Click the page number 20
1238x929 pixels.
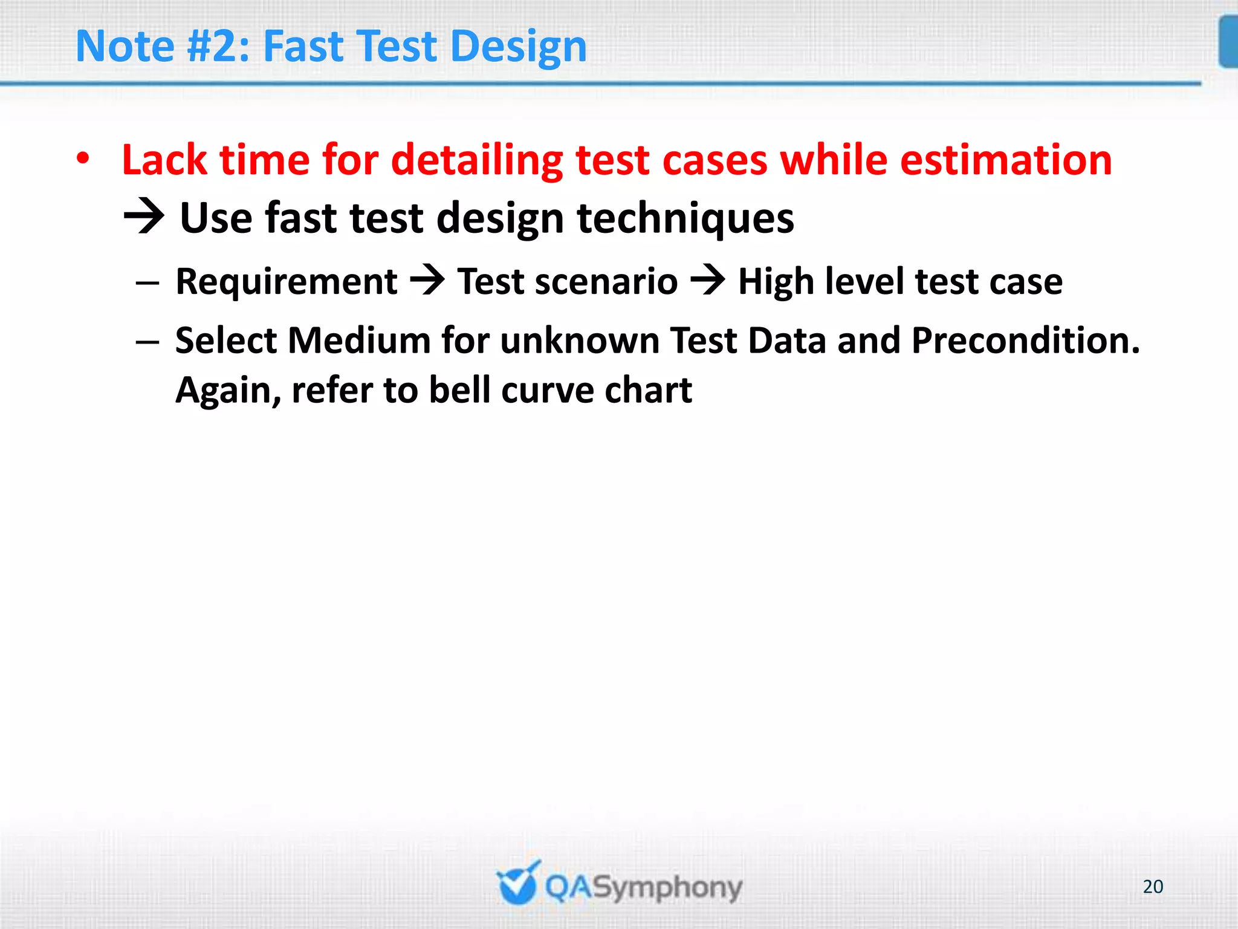pos(1153,887)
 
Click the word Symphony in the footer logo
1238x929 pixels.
pos(667,888)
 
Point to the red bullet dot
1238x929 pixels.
pos(83,160)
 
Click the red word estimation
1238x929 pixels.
pos(1006,160)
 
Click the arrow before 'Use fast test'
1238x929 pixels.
pos(144,217)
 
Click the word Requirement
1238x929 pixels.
pos(287,282)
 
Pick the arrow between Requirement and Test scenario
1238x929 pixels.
pos(427,281)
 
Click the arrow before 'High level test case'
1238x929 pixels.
pos(708,281)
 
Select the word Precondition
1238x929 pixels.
pos(1025,341)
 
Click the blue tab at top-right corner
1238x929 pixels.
pos(1228,42)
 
